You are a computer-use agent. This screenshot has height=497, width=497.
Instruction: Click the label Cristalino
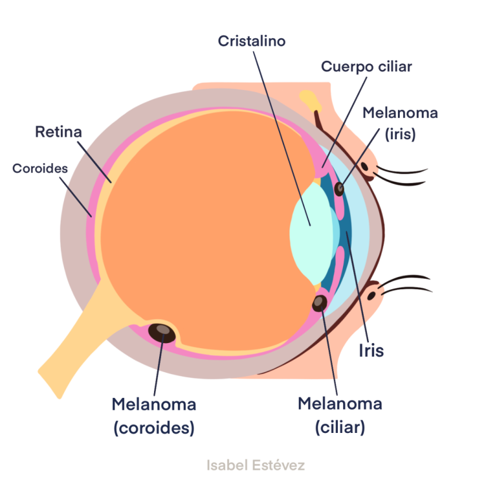tap(252, 41)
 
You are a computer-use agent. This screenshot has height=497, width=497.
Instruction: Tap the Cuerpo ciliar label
tap(366, 67)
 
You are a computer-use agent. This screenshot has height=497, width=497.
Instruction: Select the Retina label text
tap(59, 133)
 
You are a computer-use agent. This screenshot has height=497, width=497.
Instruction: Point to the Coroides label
tap(40, 168)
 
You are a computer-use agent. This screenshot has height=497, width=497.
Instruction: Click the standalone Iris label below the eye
tap(371, 351)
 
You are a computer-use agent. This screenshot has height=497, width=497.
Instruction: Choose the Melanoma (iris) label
tap(400, 123)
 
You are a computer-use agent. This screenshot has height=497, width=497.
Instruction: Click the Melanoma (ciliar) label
tap(340, 415)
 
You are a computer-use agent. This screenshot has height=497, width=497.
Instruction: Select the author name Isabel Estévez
tap(256, 465)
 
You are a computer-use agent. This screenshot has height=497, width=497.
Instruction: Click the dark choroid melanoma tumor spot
tap(162, 333)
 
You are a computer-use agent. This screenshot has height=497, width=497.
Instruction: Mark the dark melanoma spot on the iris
tap(338, 189)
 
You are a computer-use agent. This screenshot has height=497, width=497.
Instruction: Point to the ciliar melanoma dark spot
tap(320, 302)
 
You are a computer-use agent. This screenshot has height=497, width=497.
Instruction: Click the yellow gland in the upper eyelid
tap(310, 100)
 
